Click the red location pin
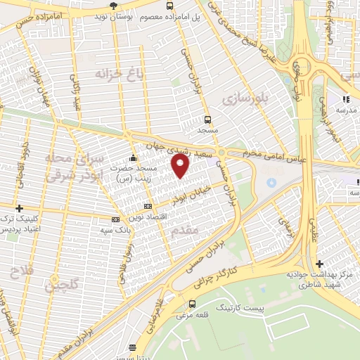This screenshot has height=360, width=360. tap(181, 166)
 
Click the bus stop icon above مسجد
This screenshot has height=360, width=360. tap(207, 120)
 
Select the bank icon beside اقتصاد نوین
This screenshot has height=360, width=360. tap(147, 206)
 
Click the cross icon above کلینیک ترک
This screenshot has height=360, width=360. tap(19, 208)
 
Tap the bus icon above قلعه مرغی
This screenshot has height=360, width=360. tap(192, 304)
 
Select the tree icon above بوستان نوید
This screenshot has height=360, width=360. tap(124, 5)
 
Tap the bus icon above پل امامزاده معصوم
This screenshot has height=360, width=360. tap(169, 6)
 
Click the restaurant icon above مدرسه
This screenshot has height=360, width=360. tap(345, 99)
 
